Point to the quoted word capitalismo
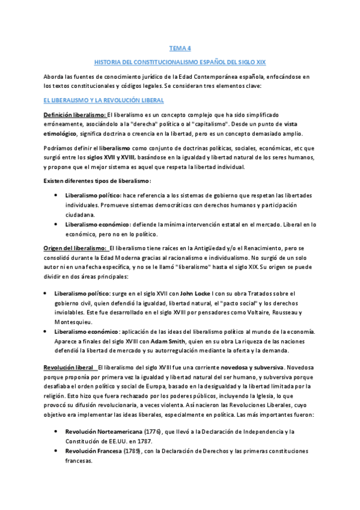(x=192, y=124)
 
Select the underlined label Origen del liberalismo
(x=75, y=248)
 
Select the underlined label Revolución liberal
(x=69, y=367)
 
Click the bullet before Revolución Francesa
(x=55, y=451)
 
